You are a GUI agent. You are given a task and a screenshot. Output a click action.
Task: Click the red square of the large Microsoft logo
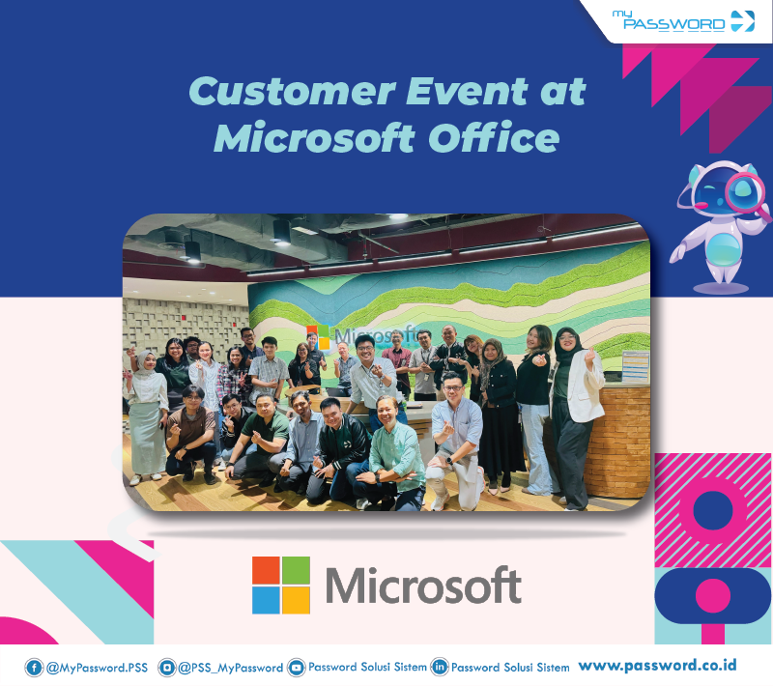267,570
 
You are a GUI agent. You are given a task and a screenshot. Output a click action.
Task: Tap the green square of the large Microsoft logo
297,570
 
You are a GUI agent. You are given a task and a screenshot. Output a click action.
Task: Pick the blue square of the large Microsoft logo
267,600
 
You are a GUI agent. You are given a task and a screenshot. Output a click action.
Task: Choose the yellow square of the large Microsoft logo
297,600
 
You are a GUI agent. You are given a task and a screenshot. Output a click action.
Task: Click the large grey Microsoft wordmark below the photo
423,586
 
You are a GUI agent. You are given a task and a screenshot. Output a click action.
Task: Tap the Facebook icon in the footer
34,667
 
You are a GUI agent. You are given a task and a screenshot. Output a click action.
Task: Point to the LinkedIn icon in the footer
440,667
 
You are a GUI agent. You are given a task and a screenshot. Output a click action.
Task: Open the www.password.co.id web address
658,665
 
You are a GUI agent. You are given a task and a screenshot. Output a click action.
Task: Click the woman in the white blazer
577,406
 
